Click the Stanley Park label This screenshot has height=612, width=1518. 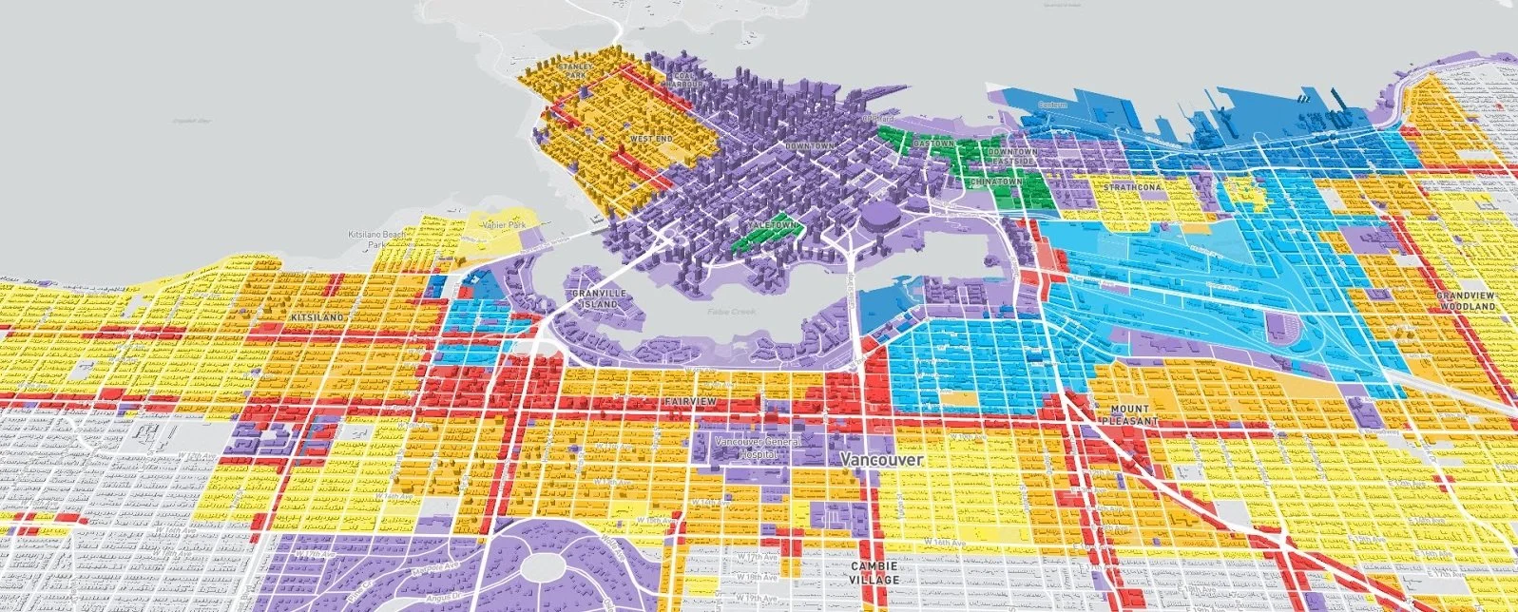[574, 69]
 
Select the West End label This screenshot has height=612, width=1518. [651, 139]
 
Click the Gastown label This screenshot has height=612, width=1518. [933, 143]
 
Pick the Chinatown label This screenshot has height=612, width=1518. [996, 181]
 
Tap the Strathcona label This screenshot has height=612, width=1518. [1130, 187]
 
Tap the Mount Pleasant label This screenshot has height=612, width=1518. [1130, 414]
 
